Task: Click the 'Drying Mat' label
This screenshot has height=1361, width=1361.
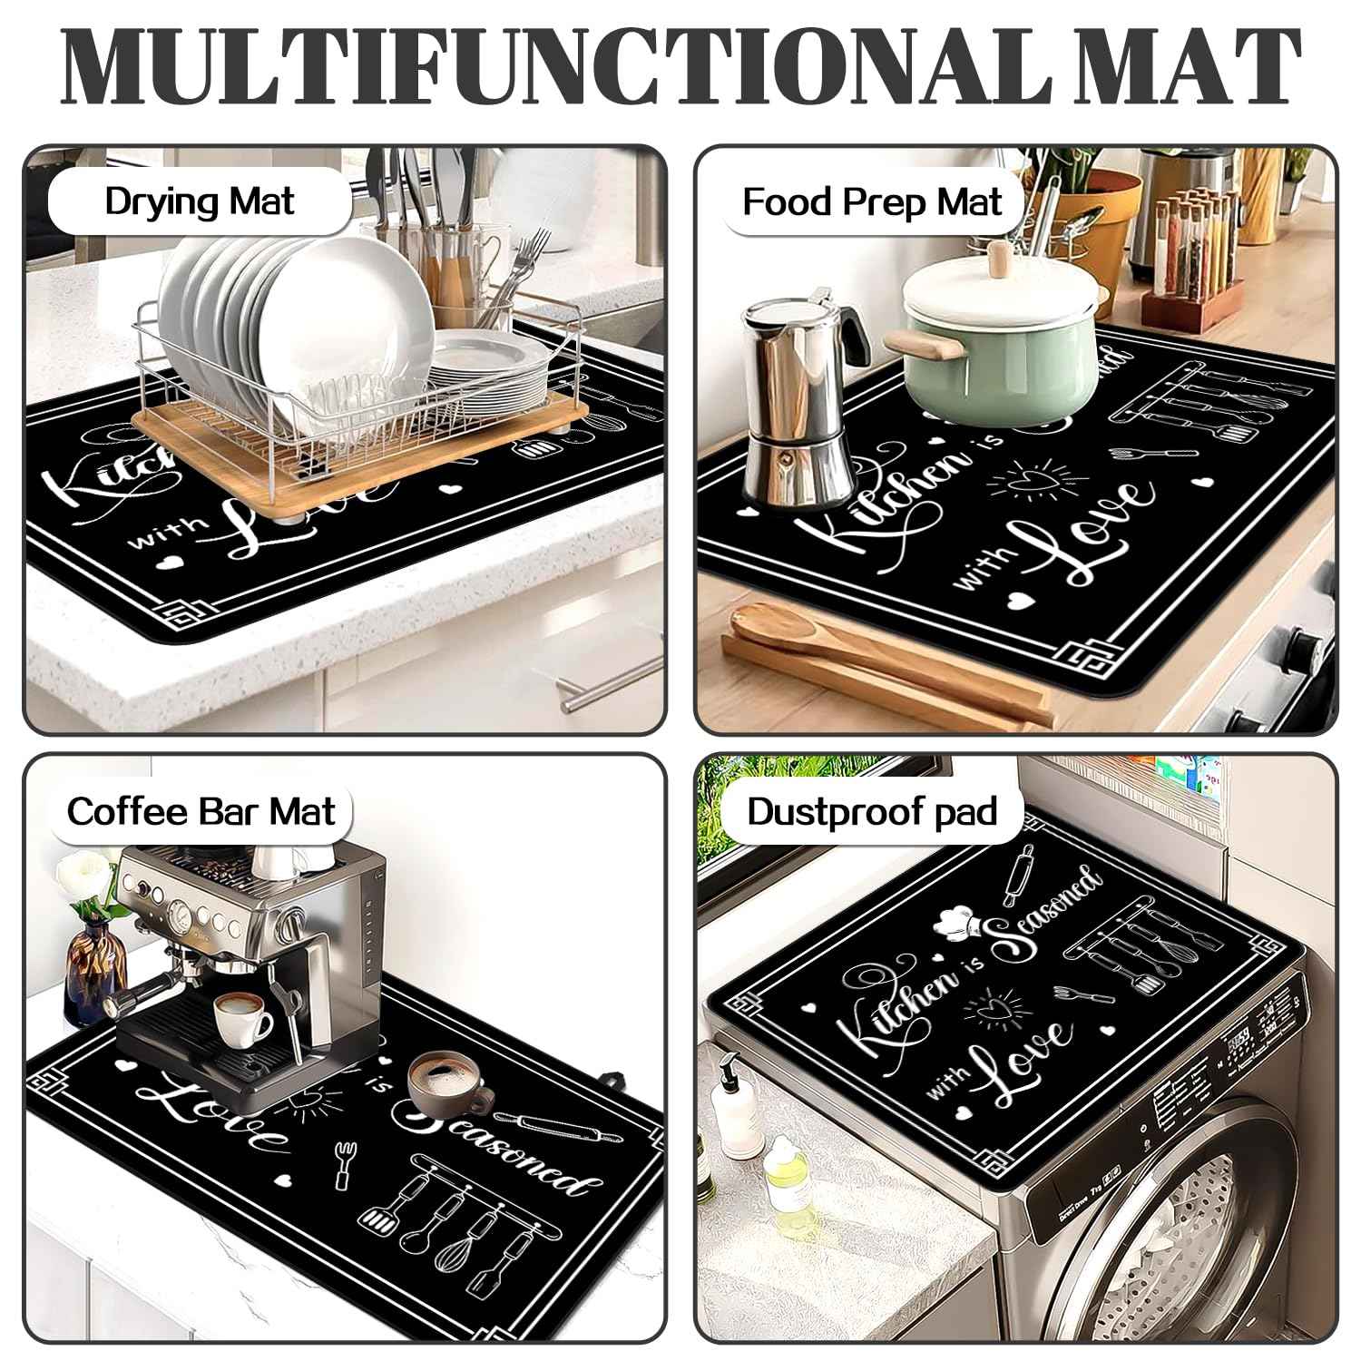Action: [x=199, y=201]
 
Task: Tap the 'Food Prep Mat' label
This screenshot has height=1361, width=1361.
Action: [x=872, y=201]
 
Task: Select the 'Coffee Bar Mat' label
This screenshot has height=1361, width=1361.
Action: [x=201, y=810]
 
